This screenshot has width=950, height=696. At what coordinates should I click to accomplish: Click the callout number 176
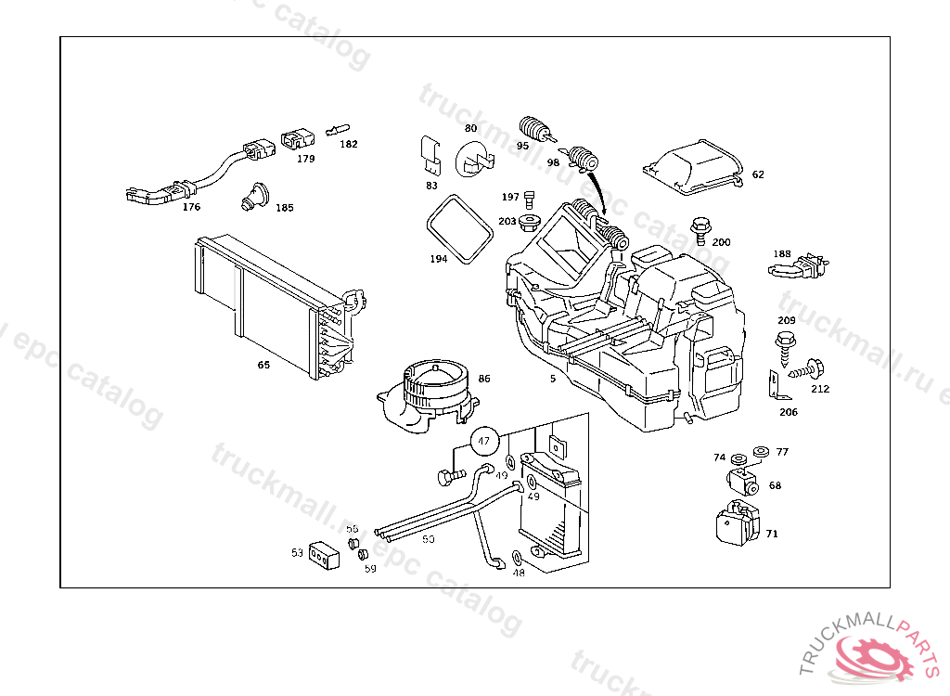tap(191, 207)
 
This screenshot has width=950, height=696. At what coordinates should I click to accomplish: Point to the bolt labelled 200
tap(698, 226)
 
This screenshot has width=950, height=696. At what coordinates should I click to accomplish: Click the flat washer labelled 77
tap(761, 451)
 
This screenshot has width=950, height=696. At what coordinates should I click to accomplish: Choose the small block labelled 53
tap(320, 555)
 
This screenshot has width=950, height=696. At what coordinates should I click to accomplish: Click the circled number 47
tap(483, 443)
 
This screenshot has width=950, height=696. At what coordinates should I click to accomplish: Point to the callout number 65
tap(263, 365)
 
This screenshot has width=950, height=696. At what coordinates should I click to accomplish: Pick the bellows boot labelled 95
tap(535, 127)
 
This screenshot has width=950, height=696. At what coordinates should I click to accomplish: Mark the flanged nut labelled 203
tap(532, 222)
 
